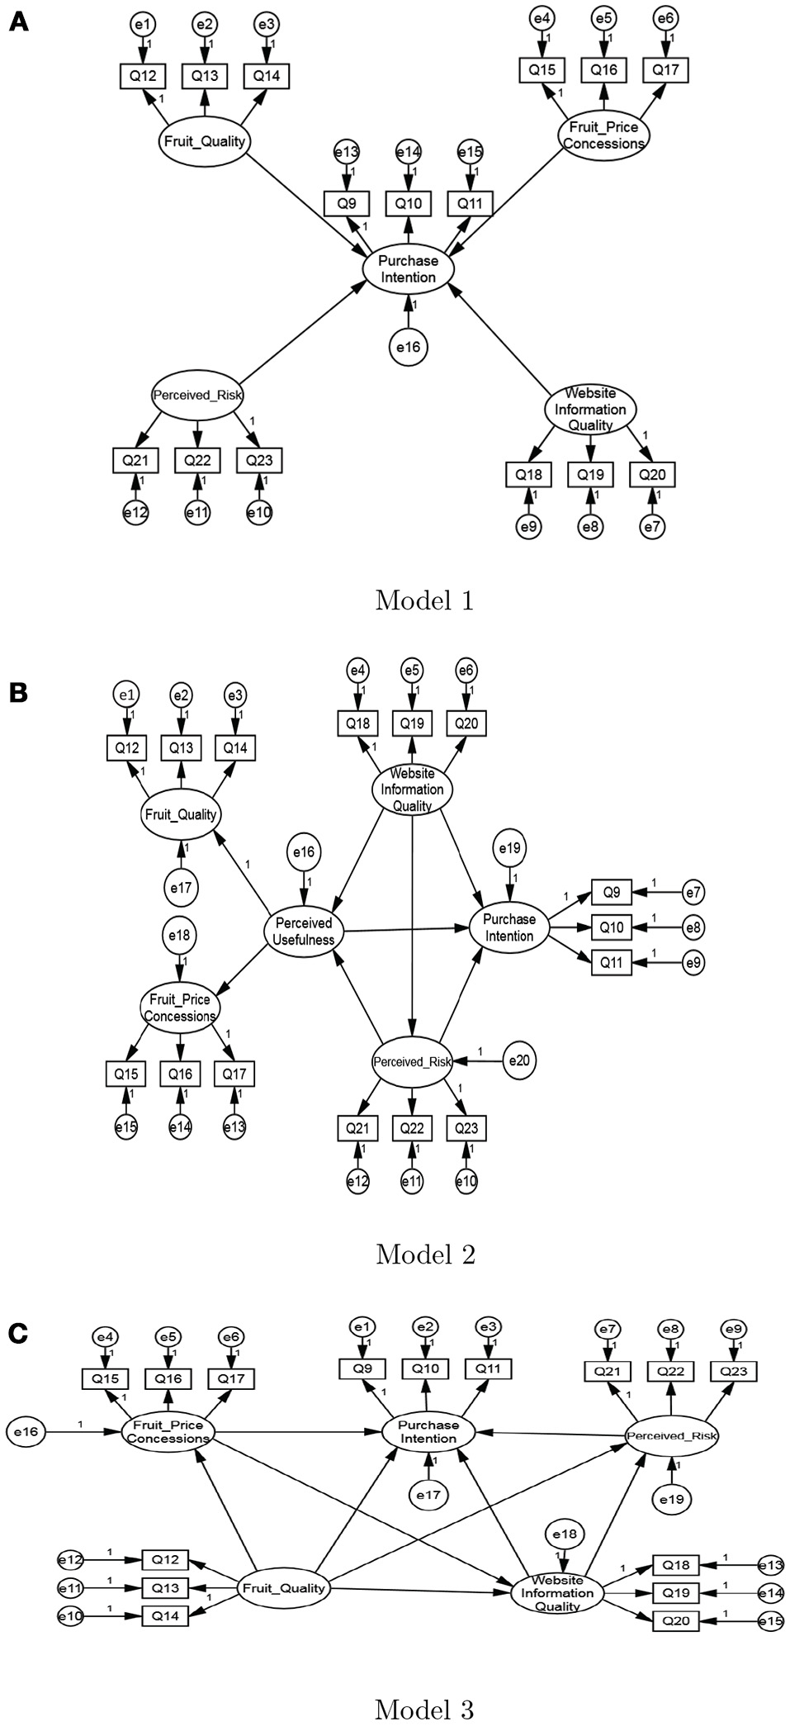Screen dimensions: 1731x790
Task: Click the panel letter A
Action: coord(18,23)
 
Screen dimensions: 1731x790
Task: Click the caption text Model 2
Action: coord(424,1254)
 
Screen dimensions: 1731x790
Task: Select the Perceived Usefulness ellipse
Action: coord(304,931)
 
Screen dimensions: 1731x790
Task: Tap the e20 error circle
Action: coord(518,1060)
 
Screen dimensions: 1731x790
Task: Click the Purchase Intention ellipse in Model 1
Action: coord(408,268)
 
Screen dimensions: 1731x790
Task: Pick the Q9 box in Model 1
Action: coord(345,203)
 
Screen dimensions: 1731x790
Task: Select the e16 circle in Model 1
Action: coord(408,348)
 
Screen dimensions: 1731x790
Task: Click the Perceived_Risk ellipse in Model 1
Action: coord(197,395)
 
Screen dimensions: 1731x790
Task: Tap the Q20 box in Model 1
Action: coord(652,475)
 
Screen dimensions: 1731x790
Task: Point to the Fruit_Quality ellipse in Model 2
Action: coord(181,813)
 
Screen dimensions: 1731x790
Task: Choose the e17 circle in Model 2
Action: coord(181,888)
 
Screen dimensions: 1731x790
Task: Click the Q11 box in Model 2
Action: coord(611,962)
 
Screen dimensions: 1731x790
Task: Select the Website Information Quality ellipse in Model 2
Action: coord(412,790)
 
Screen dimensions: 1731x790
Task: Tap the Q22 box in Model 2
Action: coord(412,1128)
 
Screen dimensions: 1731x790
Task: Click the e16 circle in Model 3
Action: coord(26,1430)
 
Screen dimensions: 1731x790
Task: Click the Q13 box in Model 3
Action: coord(164,1587)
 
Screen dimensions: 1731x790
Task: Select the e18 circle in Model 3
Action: coord(565,1534)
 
